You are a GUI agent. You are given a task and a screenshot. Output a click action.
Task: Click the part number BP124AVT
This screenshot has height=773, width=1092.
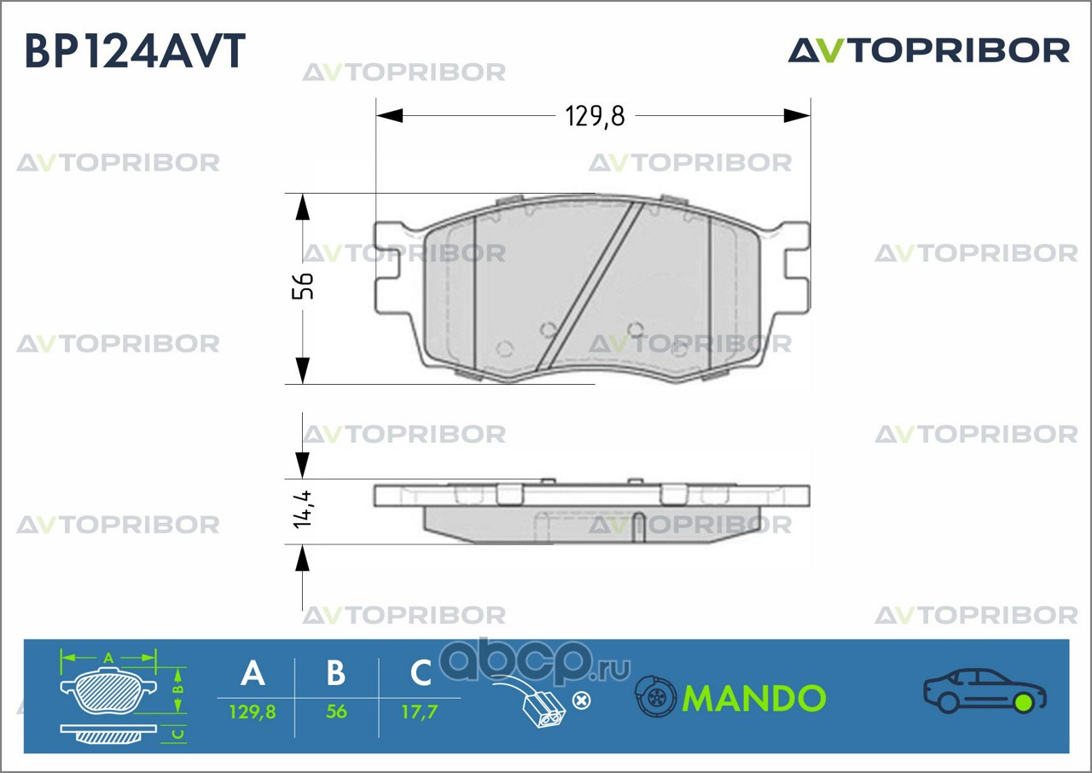136,50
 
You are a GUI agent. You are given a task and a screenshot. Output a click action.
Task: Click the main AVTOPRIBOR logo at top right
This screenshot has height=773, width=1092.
928,50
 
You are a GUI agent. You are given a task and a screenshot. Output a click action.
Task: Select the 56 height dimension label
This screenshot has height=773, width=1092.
304,286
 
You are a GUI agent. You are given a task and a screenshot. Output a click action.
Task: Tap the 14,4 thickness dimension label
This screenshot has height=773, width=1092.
302,510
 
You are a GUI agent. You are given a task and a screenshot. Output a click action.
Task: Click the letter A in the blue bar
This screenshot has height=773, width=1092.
253,673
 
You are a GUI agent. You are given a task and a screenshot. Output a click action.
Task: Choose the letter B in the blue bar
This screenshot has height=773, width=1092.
336,673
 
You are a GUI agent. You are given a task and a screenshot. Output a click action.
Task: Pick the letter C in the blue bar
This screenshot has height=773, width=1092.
421,673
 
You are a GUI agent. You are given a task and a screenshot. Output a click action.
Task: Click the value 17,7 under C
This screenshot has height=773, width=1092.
421,711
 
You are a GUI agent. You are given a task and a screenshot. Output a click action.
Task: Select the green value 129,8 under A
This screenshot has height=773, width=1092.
253,711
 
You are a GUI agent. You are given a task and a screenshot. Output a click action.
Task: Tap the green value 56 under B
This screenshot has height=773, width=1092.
336,711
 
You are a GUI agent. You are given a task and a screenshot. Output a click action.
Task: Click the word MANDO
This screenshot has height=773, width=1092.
754,699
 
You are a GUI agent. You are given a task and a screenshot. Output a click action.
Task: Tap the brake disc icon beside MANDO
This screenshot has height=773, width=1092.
655,698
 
